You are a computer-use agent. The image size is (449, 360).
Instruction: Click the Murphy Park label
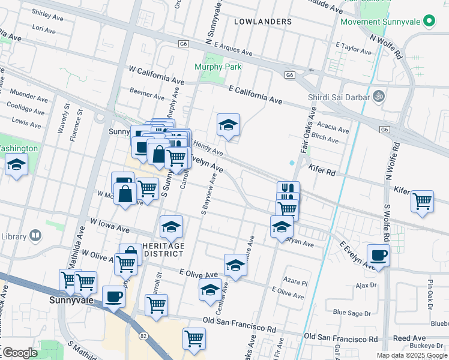click(217, 67)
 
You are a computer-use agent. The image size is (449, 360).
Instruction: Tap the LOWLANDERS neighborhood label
click(263, 22)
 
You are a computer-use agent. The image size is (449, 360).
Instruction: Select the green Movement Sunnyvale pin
click(429, 22)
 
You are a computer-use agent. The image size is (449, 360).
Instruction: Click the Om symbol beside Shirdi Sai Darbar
click(379, 95)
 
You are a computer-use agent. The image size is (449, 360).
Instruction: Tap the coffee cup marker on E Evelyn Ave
click(378, 255)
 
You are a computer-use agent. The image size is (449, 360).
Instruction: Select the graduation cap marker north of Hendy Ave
click(228, 125)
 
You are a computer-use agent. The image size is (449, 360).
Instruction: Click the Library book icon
click(35, 235)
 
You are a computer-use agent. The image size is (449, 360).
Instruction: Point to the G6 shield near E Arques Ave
click(184, 44)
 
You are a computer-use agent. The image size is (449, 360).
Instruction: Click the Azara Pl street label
click(296, 281)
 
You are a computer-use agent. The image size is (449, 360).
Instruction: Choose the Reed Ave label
click(405, 338)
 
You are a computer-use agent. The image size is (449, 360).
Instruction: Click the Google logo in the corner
click(19, 353)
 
